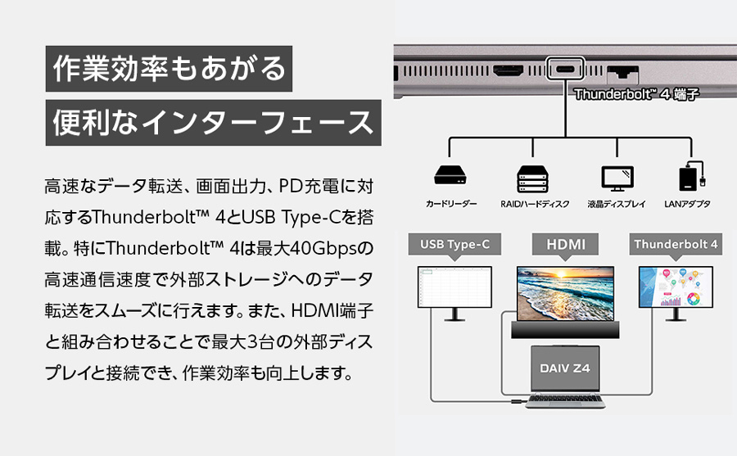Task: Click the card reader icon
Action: pyautogui.click(x=450, y=175)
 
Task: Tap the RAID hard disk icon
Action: pyautogui.click(x=532, y=178)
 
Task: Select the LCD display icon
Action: pyautogui.click(x=617, y=178)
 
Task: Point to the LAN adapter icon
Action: pyautogui.click(x=692, y=176)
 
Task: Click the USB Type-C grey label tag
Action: pyautogui.click(x=454, y=245)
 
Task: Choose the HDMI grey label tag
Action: pyautogui.click(x=565, y=245)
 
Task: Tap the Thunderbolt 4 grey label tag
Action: pyautogui.click(x=676, y=245)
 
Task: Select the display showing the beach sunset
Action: pyautogui.click(x=565, y=294)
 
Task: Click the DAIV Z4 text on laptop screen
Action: pyautogui.click(x=564, y=368)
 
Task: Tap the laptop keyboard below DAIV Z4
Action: pyautogui.click(x=565, y=400)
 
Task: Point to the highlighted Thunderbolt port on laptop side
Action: pyautogui.click(x=565, y=69)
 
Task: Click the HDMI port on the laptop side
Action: pyautogui.click(x=508, y=70)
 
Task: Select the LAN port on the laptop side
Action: pyautogui.click(x=623, y=73)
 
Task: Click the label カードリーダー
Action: pyautogui.click(x=450, y=204)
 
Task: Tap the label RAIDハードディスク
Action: pyautogui.click(x=535, y=204)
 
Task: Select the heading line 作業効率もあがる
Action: pyautogui.click(x=170, y=69)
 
